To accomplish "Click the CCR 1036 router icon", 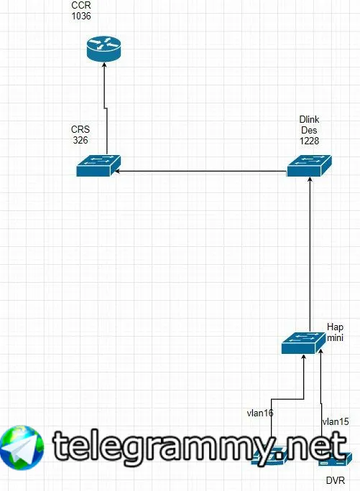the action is pos(103,49).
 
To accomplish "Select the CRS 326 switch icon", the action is pos(98,166).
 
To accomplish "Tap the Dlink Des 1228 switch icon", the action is pos(309,166).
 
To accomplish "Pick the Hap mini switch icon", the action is pos(303,343).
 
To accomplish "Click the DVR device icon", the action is pos(334,459).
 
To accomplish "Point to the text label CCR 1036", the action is pos(81,11).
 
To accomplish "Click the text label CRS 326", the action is pos(80,135).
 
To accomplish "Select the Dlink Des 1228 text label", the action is pos(309,130).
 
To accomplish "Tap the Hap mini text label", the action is pos(335,332).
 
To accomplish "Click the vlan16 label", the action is pos(260,413).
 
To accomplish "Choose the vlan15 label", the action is pos(336,422).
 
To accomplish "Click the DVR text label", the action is pos(336,480).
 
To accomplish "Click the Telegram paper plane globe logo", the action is pos(22,448).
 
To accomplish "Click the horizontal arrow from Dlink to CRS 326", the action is pos(200,172).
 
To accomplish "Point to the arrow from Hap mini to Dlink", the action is pos(310,254).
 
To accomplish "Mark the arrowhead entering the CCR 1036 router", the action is pos(104,65).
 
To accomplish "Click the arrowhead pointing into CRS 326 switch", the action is pos(116,172).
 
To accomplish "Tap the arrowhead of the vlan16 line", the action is pos(303,357).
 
